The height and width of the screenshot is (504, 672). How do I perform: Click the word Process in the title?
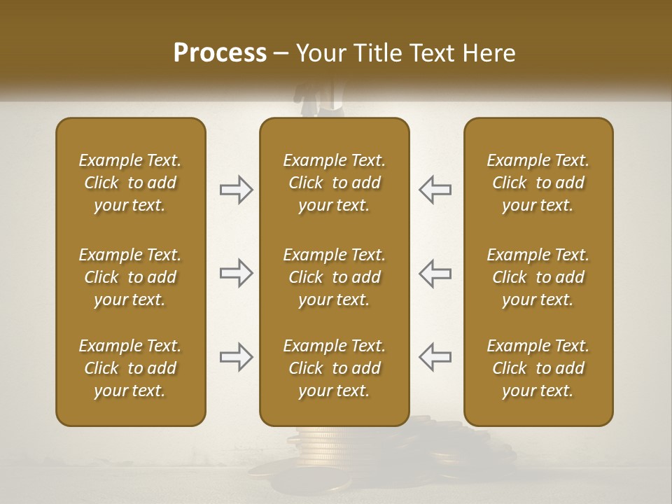220,53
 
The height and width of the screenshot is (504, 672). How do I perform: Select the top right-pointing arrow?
236,190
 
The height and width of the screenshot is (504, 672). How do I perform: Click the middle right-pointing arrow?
236,273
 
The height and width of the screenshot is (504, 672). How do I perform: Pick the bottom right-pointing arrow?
236,357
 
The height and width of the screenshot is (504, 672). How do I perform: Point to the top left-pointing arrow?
435,190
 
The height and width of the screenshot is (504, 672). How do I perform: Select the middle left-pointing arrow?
435,273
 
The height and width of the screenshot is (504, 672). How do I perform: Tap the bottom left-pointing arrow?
435,357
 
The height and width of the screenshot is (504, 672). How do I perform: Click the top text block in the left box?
130,183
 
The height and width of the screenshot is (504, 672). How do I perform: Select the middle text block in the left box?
130,277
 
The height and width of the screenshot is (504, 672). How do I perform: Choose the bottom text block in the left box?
130,368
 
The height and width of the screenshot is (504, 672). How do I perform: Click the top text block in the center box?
334,183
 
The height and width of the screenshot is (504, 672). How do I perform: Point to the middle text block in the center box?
334,277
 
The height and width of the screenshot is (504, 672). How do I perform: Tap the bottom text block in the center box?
334,368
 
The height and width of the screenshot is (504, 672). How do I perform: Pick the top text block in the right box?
538,183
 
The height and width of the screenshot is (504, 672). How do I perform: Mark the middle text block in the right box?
538,277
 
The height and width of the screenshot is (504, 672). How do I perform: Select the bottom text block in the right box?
538,368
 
